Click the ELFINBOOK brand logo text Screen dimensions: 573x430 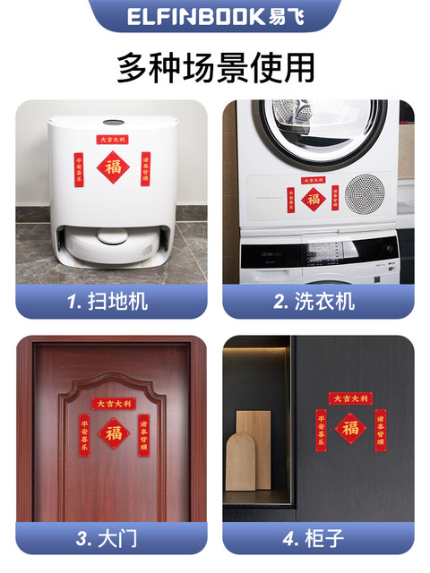point(215,16)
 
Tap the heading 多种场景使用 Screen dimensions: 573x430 point(215,68)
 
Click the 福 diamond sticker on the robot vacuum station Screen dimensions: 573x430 point(113,167)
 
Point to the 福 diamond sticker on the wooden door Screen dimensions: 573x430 point(112,432)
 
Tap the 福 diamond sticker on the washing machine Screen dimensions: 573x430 point(313,199)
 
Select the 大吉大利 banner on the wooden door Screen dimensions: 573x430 point(112,403)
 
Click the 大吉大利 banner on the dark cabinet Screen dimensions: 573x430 point(350,398)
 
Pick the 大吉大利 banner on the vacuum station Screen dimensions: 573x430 point(112,140)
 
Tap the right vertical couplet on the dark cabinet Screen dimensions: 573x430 point(382,431)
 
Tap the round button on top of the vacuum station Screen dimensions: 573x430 point(112,123)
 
